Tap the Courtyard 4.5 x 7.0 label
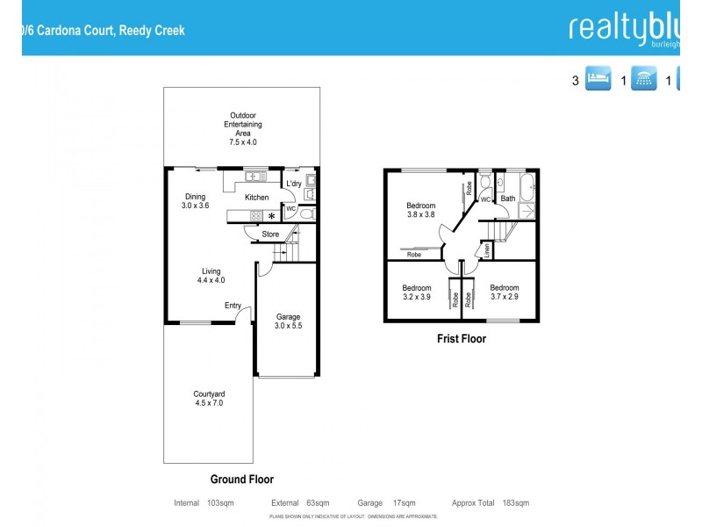209,398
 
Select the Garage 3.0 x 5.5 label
289,321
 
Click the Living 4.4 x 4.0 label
211,276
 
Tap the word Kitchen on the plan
256,198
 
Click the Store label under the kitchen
270,235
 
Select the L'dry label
294,184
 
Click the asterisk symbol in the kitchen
272,216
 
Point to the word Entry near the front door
233,305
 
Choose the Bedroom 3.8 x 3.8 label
420,210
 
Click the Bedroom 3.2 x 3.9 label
417,292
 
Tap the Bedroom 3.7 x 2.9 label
505,292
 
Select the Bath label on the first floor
508,199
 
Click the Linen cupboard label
486,249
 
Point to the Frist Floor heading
461,338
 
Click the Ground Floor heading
241,480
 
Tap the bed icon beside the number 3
598,81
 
